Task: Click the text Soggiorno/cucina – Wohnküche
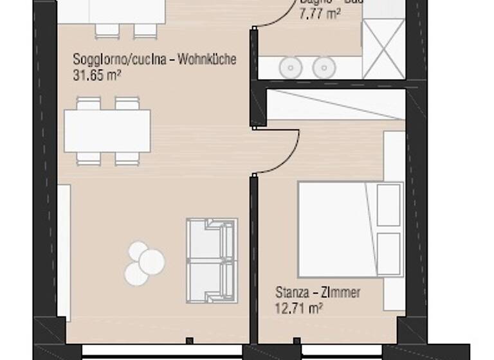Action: click(154, 60)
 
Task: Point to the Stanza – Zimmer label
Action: click(318, 293)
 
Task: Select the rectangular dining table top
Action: click(107, 130)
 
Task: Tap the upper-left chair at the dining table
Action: click(89, 104)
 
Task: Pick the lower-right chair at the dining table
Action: click(127, 158)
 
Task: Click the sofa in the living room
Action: click(212, 260)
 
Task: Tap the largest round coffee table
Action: click(152, 260)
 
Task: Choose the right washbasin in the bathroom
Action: click(323, 67)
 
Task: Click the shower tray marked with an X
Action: click(383, 49)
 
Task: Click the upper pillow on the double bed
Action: click(389, 205)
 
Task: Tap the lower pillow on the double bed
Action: click(389, 253)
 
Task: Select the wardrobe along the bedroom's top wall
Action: click(335, 104)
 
